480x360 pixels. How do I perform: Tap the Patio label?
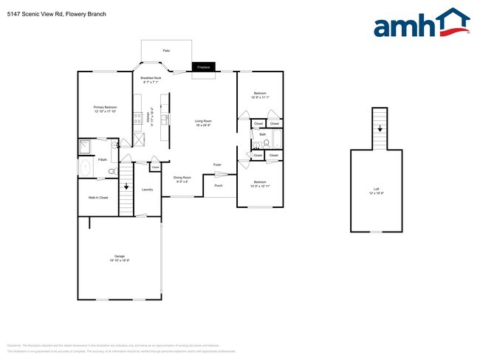167,50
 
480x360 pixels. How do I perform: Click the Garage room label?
119,258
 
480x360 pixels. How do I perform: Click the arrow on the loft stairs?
380,128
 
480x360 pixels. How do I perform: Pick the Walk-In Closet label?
98,198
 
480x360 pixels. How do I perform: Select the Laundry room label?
147,190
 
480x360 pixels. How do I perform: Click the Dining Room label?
182,179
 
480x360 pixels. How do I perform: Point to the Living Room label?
203,123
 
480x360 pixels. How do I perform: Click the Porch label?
219,185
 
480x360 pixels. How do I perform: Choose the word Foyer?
217,165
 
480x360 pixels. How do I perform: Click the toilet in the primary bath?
112,171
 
